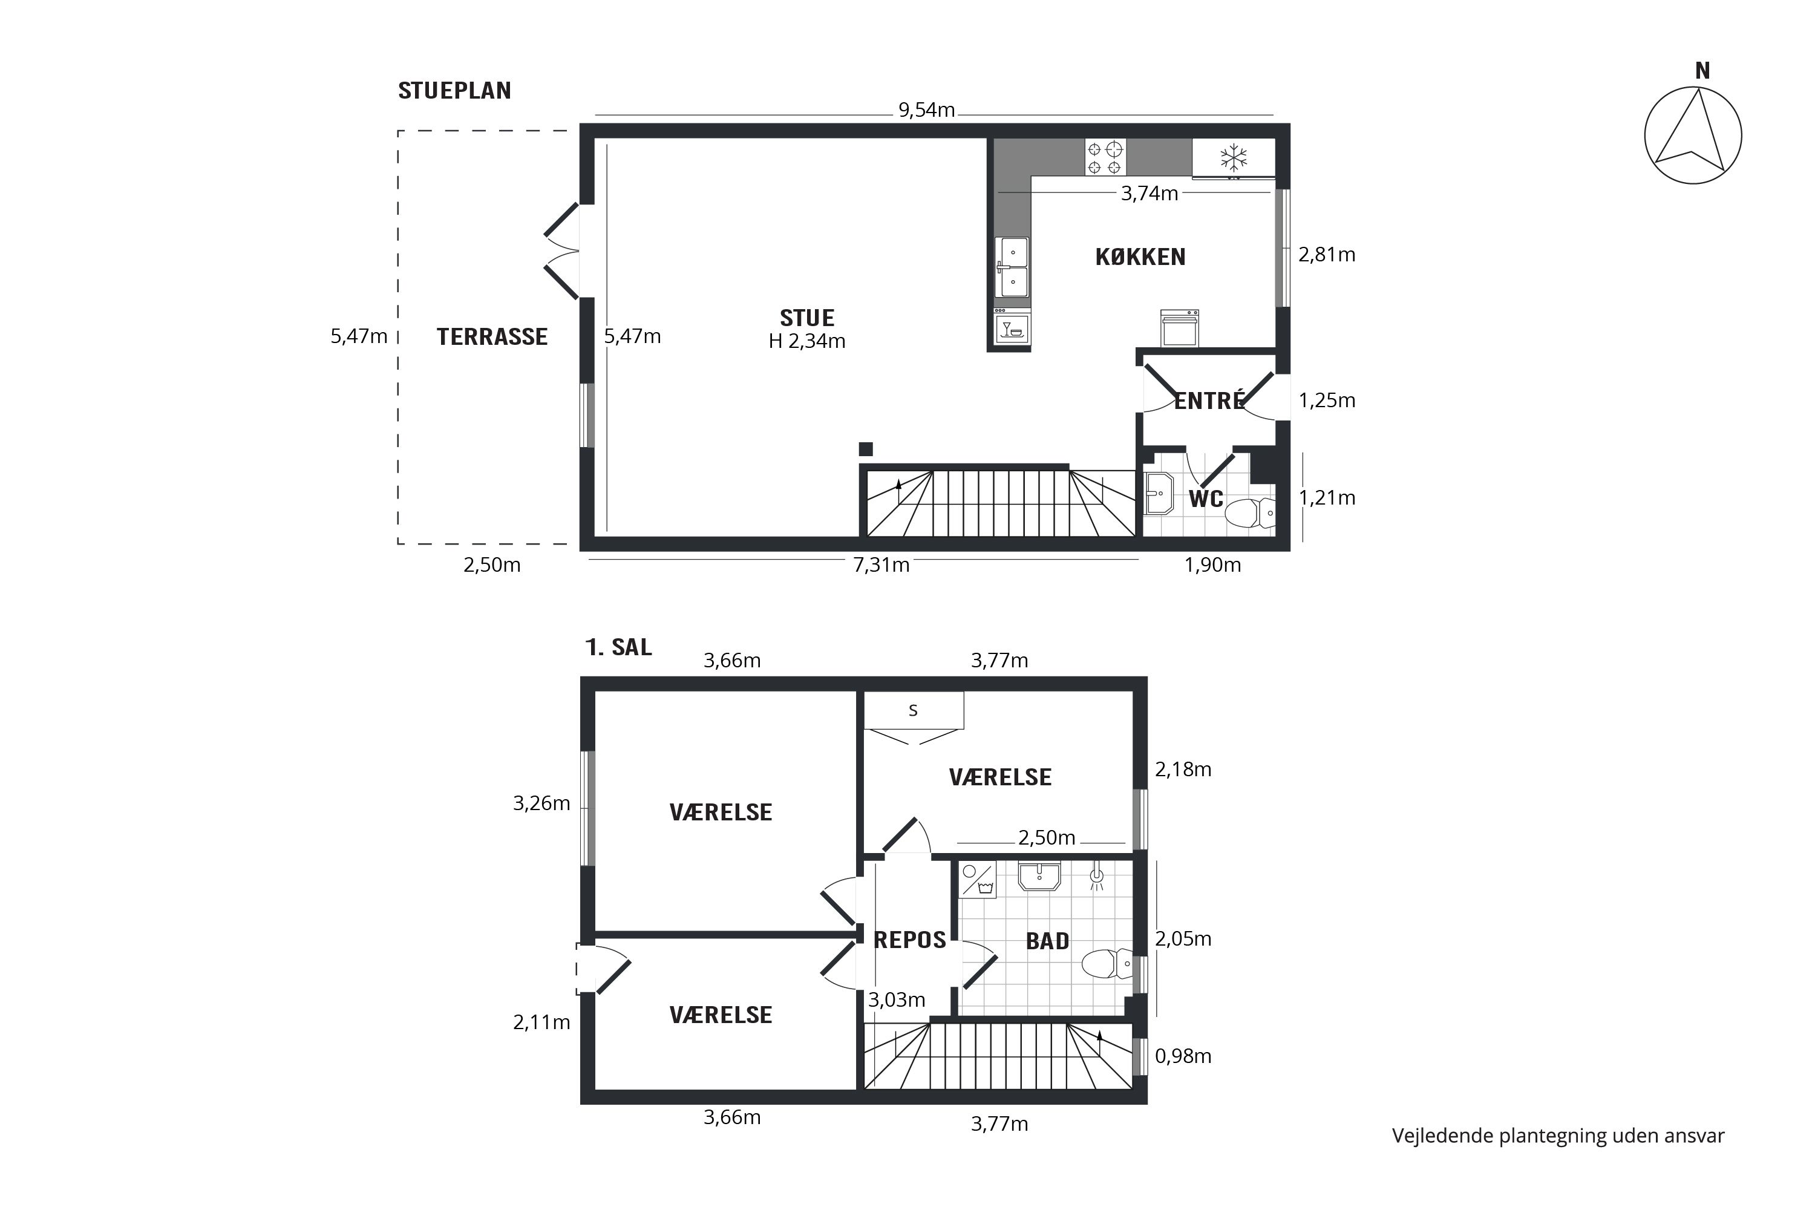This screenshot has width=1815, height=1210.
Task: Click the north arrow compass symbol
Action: point(1692,136)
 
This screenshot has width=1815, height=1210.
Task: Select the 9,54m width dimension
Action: point(926,110)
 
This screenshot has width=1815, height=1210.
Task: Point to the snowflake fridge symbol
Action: point(1233,158)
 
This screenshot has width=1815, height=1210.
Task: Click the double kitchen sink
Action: point(1012,267)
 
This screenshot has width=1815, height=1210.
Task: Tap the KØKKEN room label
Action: point(1140,257)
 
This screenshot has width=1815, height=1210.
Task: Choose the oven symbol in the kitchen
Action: point(1180,328)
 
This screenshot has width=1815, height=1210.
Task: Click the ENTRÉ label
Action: point(1209,401)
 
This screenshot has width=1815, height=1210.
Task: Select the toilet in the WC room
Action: point(1250,512)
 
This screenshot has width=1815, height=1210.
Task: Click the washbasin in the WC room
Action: point(1159,493)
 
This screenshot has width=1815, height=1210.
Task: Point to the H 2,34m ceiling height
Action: point(807,341)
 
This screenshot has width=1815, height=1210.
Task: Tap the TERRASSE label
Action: point(492,337)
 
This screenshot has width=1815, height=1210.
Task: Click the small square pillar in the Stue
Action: point(866,449)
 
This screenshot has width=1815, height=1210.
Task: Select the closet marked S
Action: point(914,710)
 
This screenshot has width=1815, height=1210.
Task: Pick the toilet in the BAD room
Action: point(1107,964)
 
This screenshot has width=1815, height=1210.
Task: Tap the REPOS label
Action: point(910,940)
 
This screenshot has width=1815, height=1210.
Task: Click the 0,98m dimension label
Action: point(1183,1056)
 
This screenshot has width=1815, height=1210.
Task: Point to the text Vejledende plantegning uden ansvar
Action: point(1558,1136)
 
